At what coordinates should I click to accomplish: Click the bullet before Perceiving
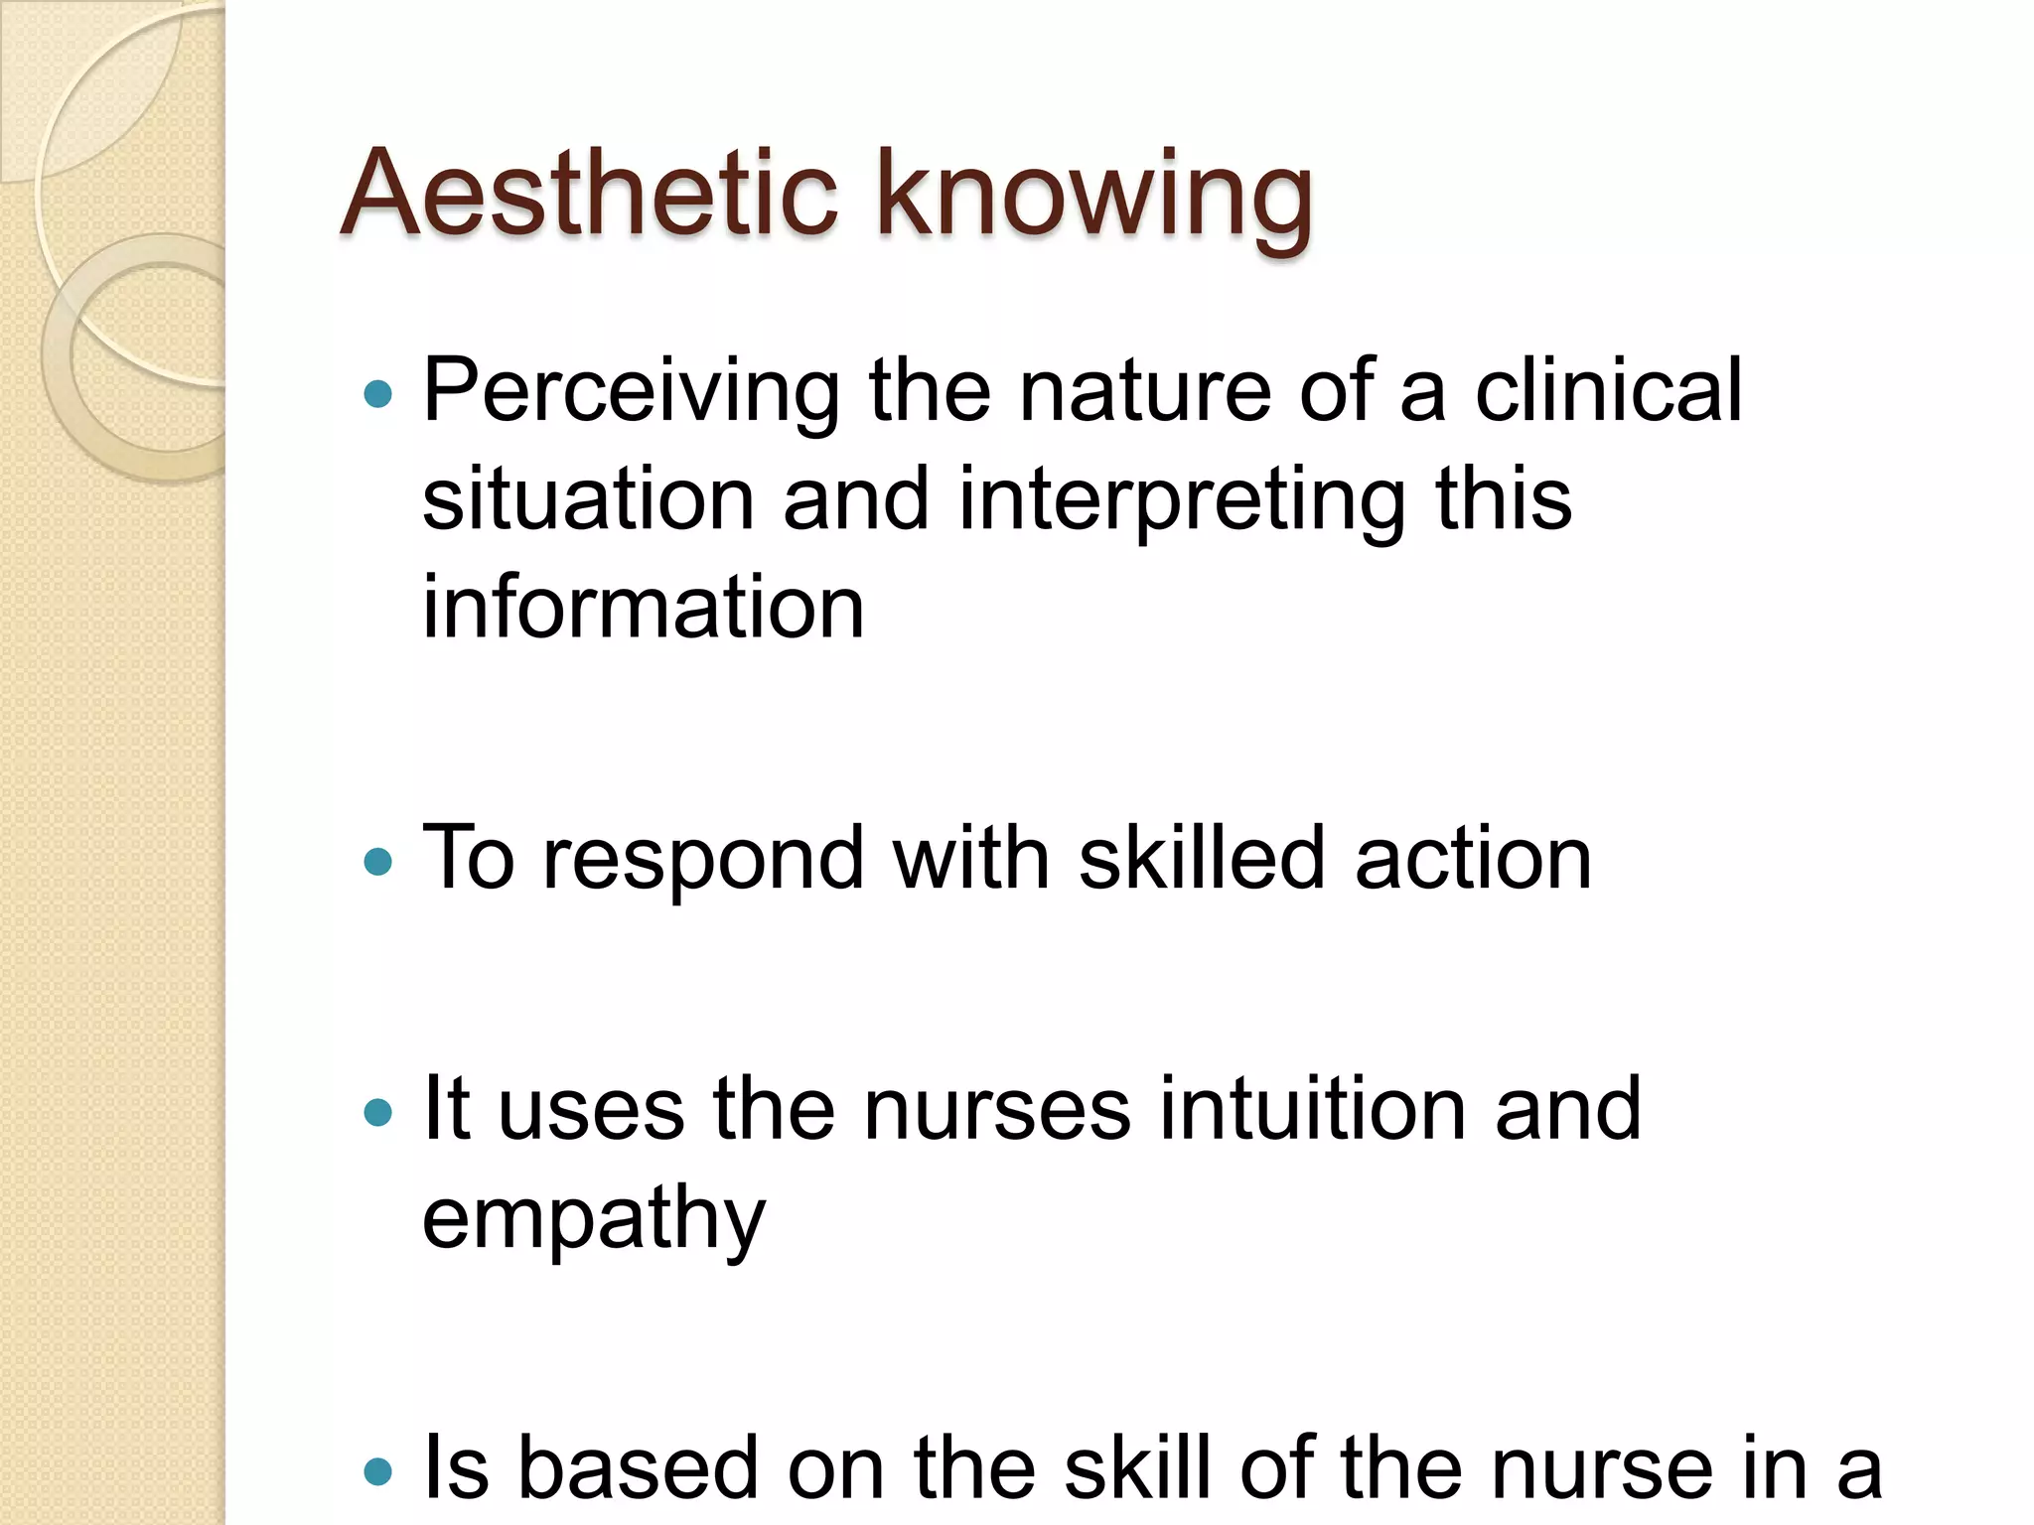pyautogui.click(x=378, y=395)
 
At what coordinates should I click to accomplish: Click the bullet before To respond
pyautogui.click(x=378, y=861)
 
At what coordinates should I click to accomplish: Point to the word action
pyautogui.click(x=1474, y=860)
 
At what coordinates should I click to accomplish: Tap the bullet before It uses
pyautogui.click(x=378, y=1111)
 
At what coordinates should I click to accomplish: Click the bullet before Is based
pyautogui.click(x=378, y=1470)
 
